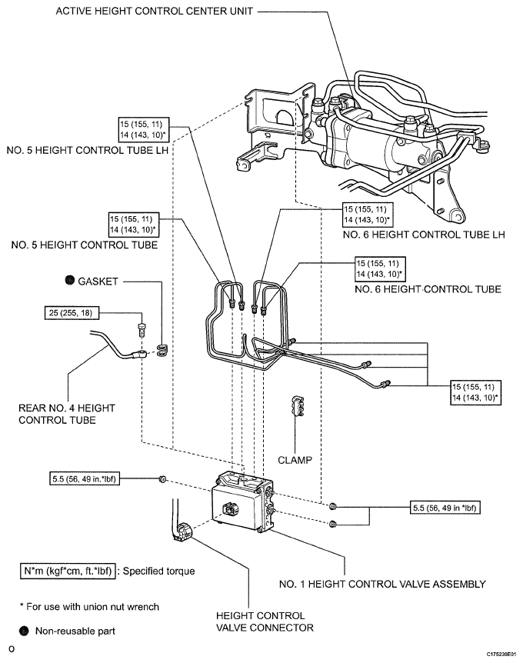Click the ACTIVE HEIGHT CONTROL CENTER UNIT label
(x=155, y=11)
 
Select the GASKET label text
(x=98, y=282)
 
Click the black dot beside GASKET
(x=70, y=280)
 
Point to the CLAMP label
(x=295, y=460)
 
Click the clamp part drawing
(x=298, y=406)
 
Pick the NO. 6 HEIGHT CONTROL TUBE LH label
(x=424, y=235)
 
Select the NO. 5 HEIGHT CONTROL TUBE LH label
(x=88, y=151)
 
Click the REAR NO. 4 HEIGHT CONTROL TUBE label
(x=67, y=414)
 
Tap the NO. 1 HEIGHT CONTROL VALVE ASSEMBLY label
(x=382, y=584)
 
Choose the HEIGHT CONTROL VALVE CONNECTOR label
(x=265, y=621)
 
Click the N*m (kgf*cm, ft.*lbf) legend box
(x=68, y=571)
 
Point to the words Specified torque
(x=159, y=571)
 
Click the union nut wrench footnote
(x=90, y=607)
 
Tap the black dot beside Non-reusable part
(x=24, y=631)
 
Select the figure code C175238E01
(x=501, y=654)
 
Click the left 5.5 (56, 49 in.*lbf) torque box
(x=84, y=479)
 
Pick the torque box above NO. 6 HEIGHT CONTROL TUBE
(x=379, y=268)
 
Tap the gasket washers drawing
(x=162, y=350)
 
